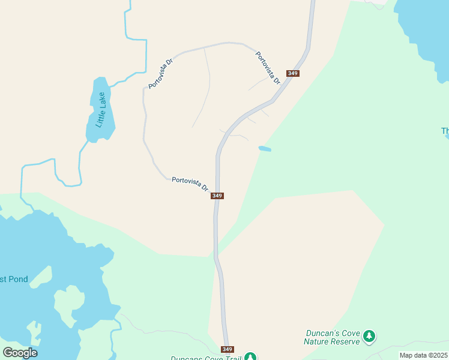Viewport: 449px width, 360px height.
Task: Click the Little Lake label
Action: [x=100, y=109]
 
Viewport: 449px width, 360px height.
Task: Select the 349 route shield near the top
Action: [x=293, y=73]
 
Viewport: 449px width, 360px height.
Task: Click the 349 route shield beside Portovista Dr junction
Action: [x=217, y=196]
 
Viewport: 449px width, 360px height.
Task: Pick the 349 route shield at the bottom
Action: [x=227, y=349]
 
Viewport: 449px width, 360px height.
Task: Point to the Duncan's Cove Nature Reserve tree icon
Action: [x=370, y=337]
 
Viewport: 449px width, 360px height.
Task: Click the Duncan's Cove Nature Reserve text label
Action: [x=331, y=337]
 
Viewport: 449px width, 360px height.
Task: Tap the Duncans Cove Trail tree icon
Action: [x=250, y=358]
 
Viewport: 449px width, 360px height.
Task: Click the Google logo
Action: [x=20, y=352]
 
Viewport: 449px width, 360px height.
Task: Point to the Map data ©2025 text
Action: [x=423, y=355]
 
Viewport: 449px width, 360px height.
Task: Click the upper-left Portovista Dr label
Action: [x=161, y=73]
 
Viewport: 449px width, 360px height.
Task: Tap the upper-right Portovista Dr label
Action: [x=268, y=67]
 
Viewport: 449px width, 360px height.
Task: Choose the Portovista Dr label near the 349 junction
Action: [x=190, y=183]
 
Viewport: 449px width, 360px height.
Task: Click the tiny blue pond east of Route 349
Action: [x=264, y=149]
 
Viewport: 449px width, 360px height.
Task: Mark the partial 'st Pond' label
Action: [x=13, y=279]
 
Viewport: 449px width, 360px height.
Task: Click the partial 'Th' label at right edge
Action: [x=445, y=131]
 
